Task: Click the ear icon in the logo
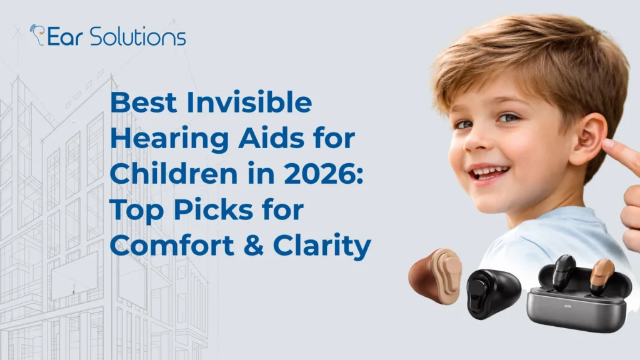click(x=37, y=34)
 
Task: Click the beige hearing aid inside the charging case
click(x=601, y=275)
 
